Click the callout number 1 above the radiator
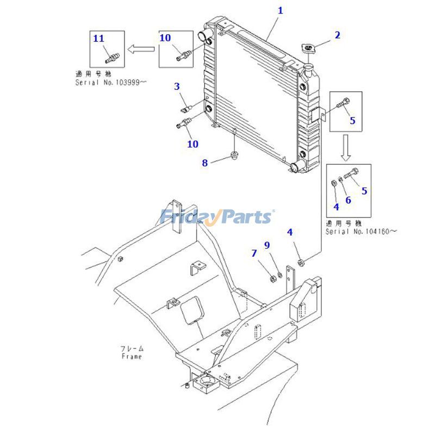pyautogui.click(x=280, y=10)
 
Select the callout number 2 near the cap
pyautogui.click(x=337, y=35)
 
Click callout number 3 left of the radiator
pyautogui.click(x=177, y=86)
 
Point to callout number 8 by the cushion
pyautogui.click(x=205, y=163)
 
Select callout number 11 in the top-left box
pyautogui.click(x=98, y=38)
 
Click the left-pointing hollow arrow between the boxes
pyautogui.click(x=140, y=49)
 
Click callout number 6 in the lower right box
pyautogui.click(x=348, y=200)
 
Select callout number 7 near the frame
pyautogui.click(x=254, y=253)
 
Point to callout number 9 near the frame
pyautogui.click(x=267, y=245)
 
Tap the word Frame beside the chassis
pyautogui.click(x=132, y=357)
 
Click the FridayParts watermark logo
pyautogui.click(x=217, y=217)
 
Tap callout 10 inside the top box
pyautogui.click(x=165, y=38)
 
